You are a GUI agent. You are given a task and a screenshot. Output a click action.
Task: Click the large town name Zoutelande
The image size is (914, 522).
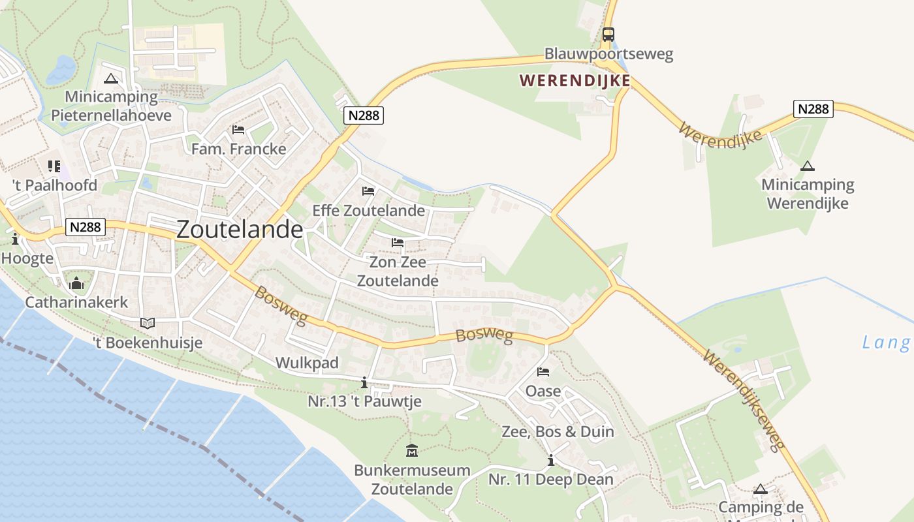[x=240, y=229]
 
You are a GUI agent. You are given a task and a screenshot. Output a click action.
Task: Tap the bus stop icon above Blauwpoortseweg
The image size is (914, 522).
[x=608, y=35]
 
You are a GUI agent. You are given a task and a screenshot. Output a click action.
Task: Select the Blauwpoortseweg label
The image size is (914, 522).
[x=608, y=54]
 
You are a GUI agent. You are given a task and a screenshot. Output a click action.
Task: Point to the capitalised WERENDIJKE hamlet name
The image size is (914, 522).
[x=575, y=80]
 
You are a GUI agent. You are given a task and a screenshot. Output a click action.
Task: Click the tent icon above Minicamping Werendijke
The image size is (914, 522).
[x=808, y=166]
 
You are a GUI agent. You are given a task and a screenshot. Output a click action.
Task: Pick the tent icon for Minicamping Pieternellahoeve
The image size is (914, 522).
[x=110, y=79]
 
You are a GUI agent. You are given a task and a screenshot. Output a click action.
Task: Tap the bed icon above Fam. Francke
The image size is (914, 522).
[x=238, y=130]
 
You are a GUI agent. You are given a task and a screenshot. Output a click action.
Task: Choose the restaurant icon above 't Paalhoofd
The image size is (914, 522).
[x=54, y=166]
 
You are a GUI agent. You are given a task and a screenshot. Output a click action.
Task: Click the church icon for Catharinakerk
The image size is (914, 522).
[x=76, y=284]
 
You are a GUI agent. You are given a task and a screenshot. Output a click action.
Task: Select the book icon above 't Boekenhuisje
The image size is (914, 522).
[x=148, y=323]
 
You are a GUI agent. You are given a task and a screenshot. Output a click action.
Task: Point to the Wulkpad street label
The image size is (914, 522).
[x=307, y=363]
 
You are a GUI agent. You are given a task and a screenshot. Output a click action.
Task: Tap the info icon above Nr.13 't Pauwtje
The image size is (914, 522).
[x=364, y=383]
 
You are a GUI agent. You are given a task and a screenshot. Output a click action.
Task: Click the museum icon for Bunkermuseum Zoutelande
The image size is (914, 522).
[x=412, y=451]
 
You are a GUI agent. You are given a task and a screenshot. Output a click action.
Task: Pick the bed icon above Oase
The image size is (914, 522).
[x=543, y=373]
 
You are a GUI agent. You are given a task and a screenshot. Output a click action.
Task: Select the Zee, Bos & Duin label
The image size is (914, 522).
[x=558, y=431]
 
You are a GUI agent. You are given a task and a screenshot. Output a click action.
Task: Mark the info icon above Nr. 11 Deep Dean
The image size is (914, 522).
[x=551, y=461]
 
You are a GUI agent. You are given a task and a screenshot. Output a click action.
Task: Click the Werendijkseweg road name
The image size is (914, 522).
[x=744, y=401]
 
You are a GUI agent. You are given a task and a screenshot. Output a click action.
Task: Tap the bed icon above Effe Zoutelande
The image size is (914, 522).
[x=368, y=191]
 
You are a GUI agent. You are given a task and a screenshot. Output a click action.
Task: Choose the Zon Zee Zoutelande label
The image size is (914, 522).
[x=398, y=271]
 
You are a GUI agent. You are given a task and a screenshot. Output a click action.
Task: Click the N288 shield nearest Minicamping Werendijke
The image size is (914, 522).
[x=813, y=108]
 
